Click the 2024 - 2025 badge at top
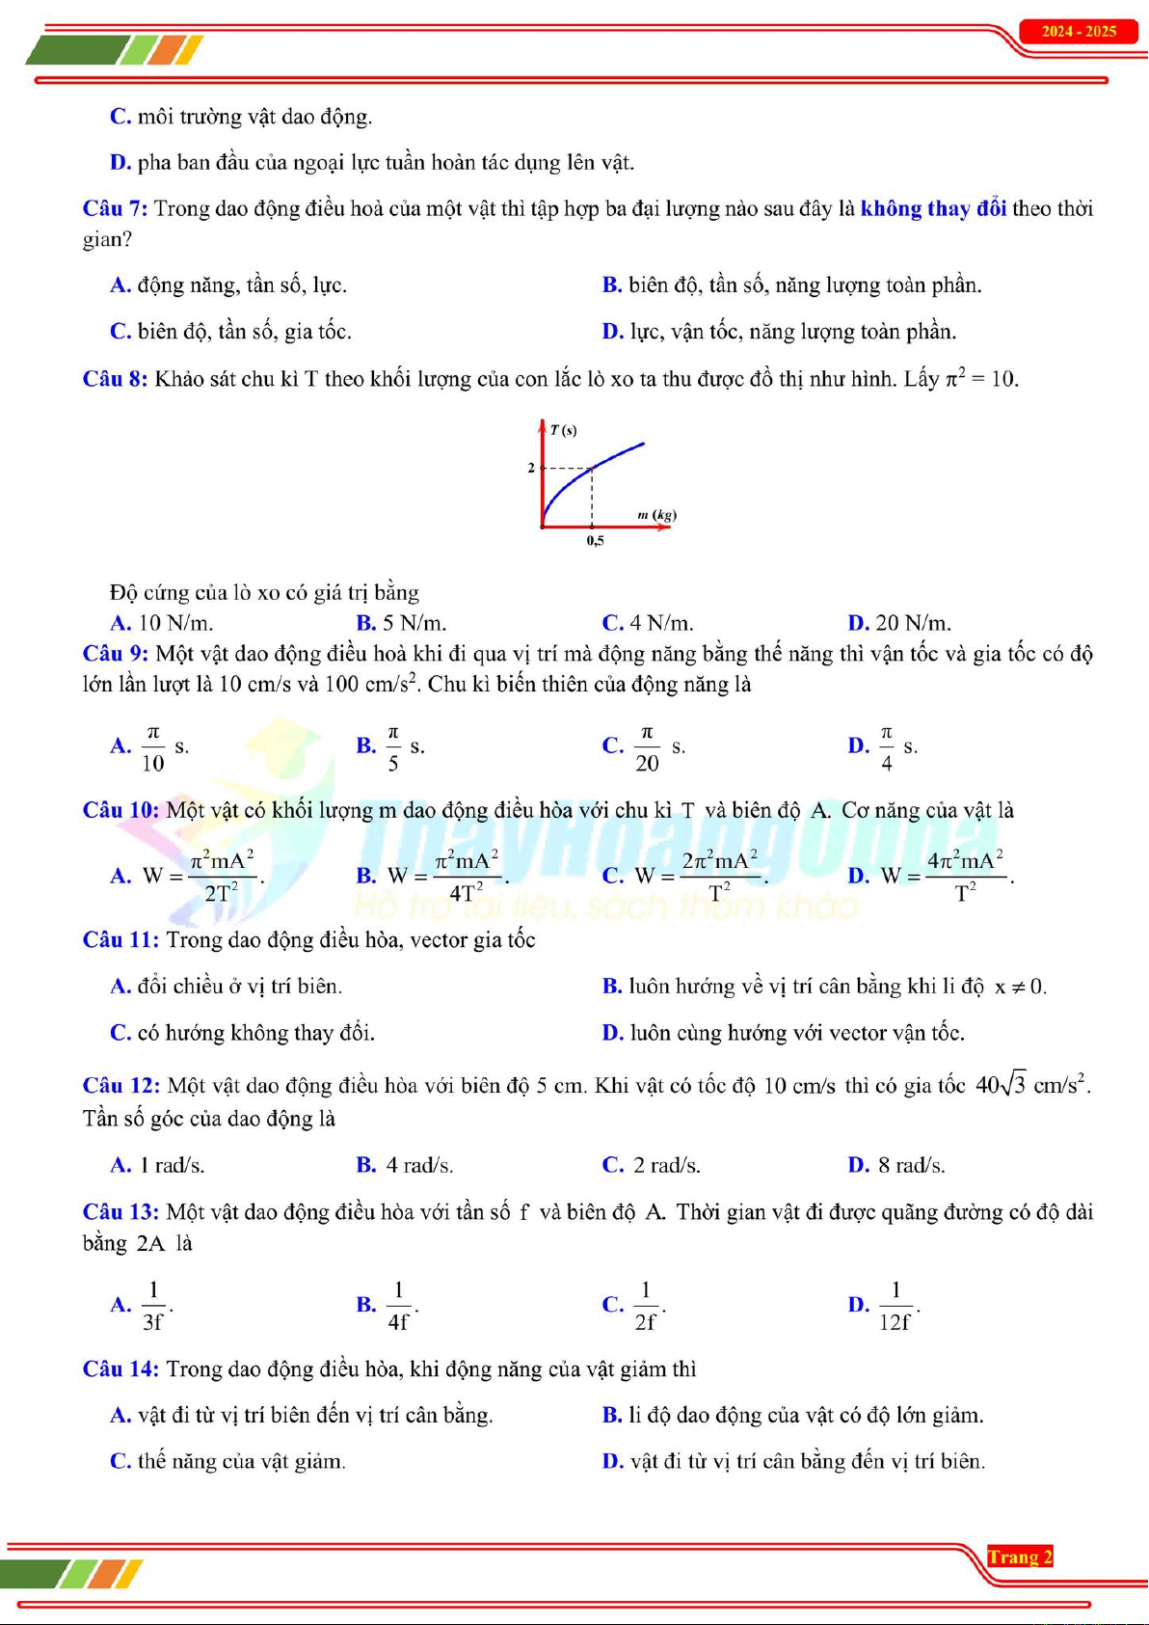(1079, 32)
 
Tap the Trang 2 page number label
(1020, 1557)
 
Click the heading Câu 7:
(115, 209)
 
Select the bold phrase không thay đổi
(933, 209)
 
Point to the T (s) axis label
(563, 430)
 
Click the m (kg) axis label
(656, 515)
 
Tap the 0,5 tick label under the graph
(595, 541)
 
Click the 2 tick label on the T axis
(531, 468)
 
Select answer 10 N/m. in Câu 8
(175, 623)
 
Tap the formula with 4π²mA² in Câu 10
(964, 876)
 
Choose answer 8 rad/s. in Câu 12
(910, 1165)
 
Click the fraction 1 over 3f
(153, 1306)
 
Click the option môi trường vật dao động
(254, 118)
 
